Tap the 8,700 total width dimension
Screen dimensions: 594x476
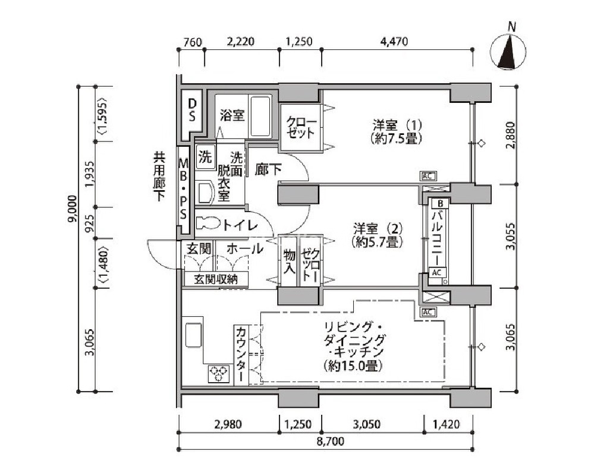331,441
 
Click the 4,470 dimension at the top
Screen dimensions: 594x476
394,41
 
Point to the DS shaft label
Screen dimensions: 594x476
193,110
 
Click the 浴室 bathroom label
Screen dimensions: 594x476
232,115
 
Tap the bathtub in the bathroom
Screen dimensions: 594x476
260,116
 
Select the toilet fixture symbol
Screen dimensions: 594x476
208,223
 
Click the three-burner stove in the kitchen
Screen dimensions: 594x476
219,373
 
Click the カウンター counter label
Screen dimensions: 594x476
241,354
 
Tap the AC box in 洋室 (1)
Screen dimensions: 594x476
428,176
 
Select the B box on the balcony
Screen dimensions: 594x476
440,204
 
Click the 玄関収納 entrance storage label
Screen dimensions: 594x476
216,279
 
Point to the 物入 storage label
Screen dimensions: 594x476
290,261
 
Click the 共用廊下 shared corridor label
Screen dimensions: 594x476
159,176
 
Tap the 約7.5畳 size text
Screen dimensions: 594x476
396,138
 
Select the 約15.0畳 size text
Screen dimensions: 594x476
353,366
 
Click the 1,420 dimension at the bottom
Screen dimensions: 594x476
447,424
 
